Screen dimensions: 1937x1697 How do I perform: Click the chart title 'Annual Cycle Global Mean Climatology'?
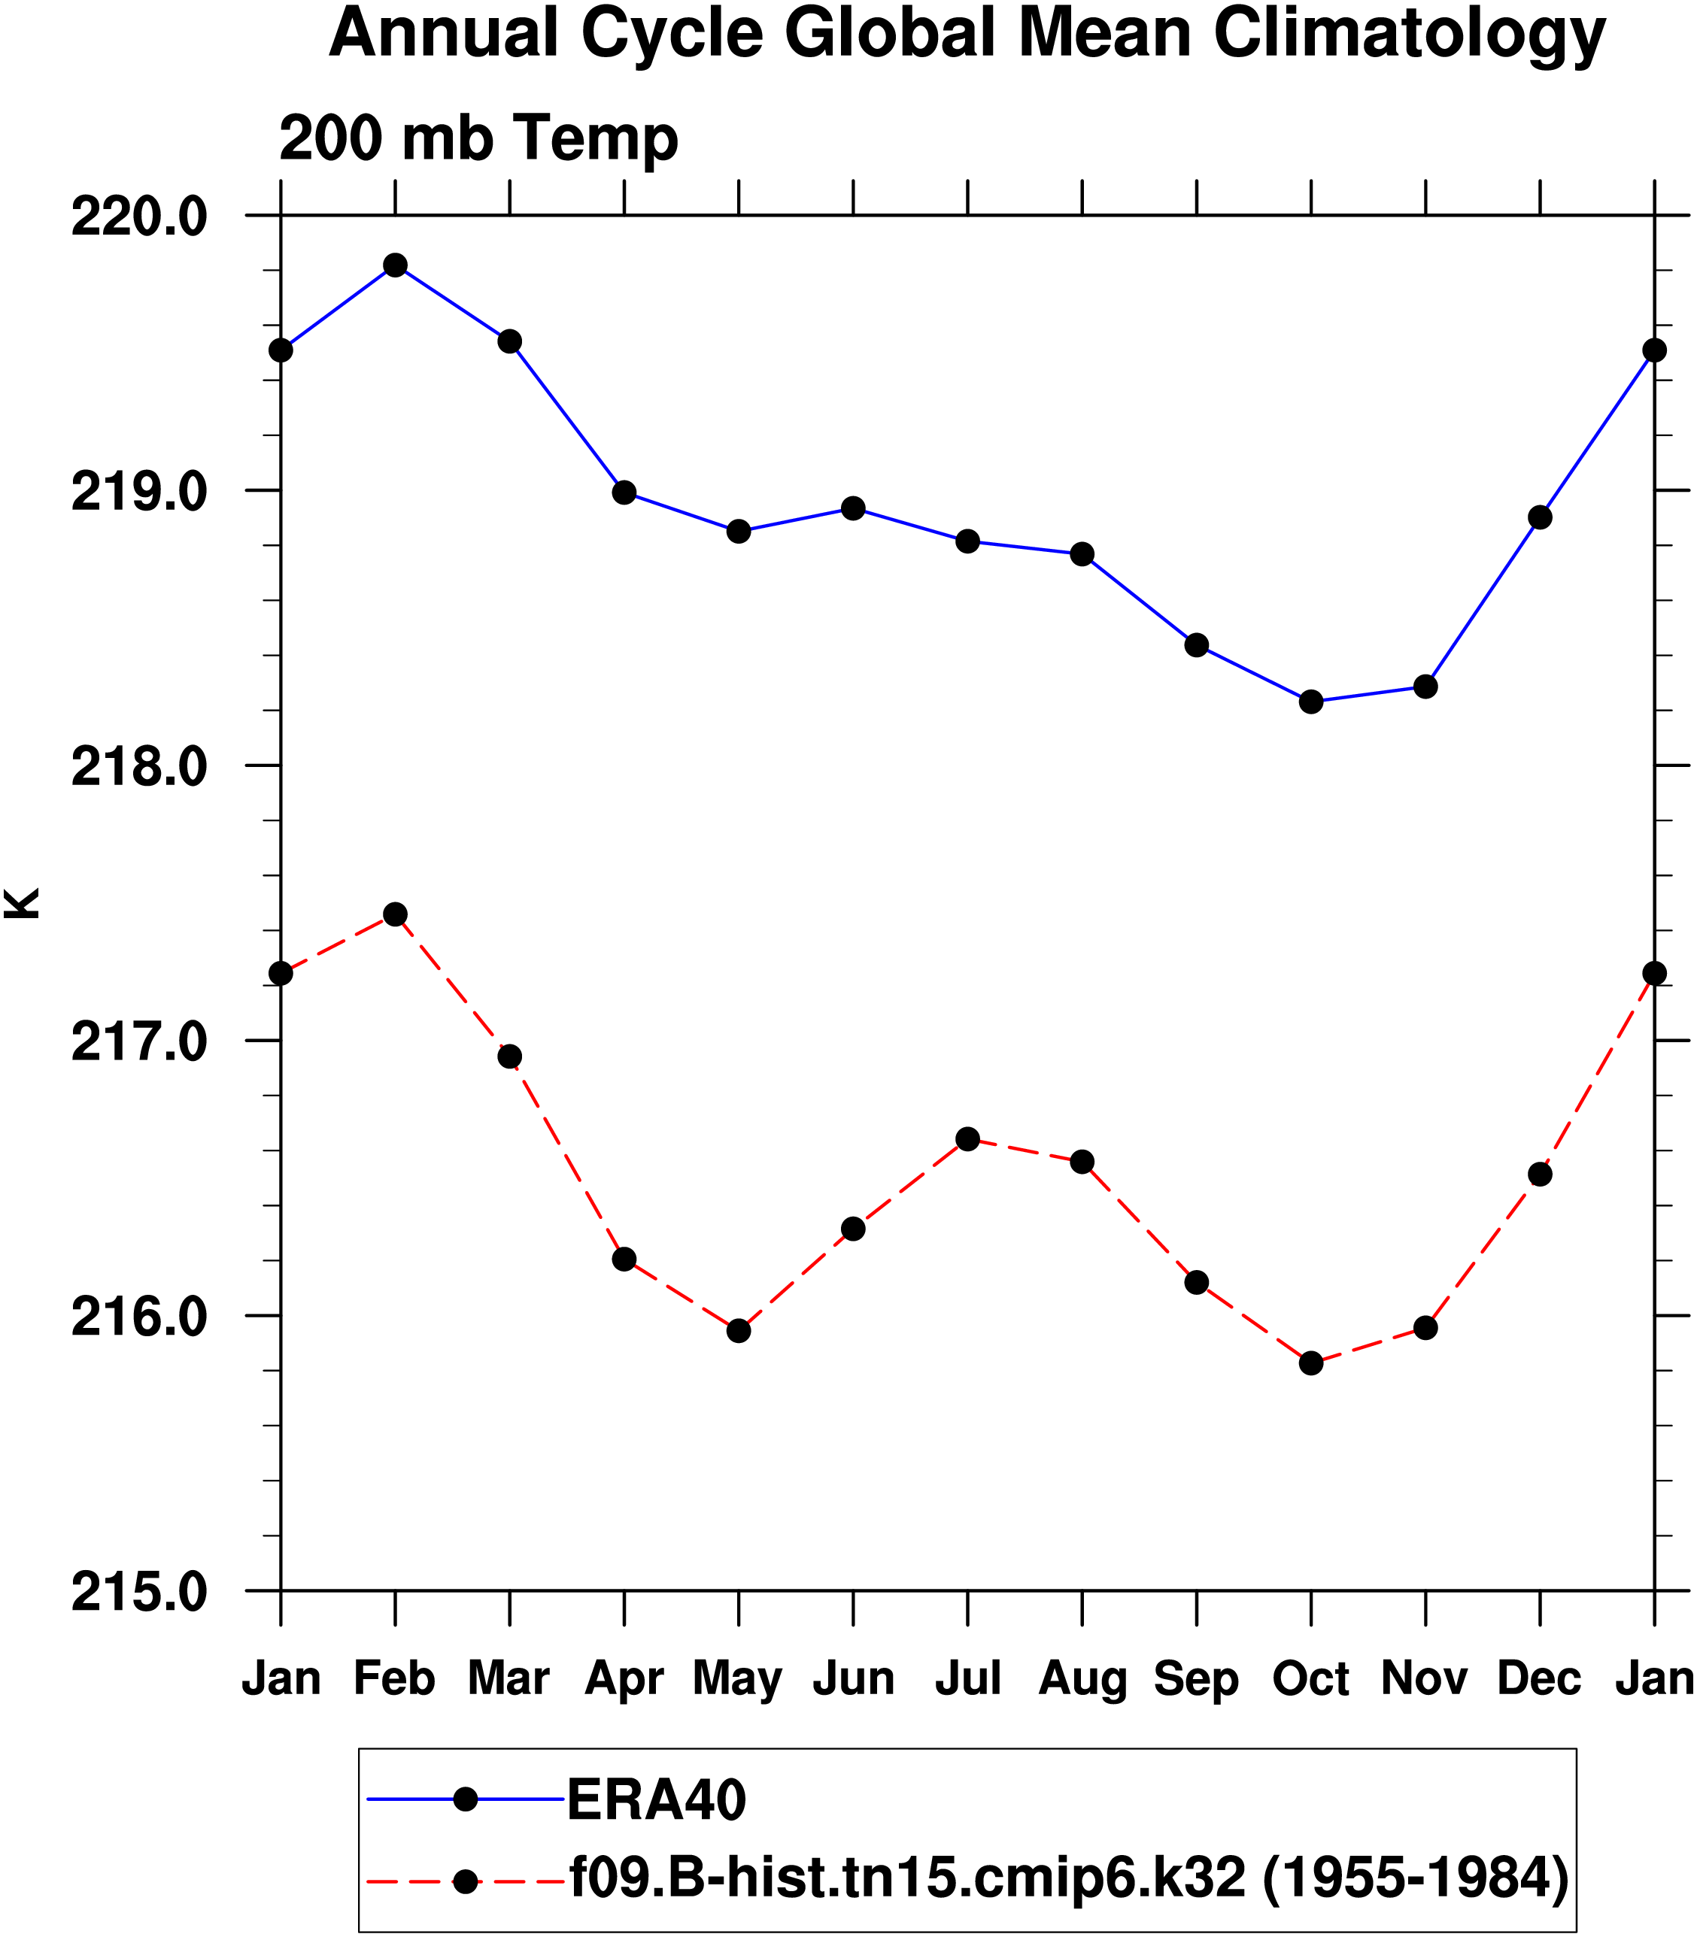click(966, 34)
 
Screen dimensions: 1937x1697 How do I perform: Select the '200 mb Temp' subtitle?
click(478, 138)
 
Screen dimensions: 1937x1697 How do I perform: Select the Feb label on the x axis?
click(394, 1678)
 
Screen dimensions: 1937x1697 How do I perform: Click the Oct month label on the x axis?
click(1310, 1678)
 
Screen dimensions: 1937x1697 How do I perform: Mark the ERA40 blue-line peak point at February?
click(396, 265)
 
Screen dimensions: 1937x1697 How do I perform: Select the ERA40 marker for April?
click(624, 493)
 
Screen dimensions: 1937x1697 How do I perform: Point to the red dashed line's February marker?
click(396, 914)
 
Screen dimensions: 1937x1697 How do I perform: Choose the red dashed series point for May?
click(739, 1331)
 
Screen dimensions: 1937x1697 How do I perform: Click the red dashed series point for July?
click(968, 1139)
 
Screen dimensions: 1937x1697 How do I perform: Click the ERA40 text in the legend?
click(656, 1799)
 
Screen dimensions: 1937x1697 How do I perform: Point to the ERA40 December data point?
click(1541, 518)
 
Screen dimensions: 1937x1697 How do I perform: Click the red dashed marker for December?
click(1541, 1175)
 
